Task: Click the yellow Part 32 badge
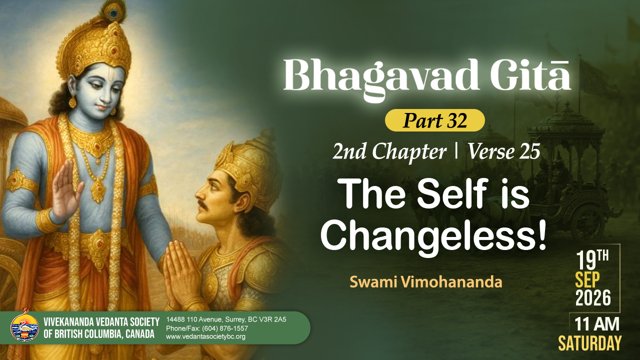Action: tap(435, 120)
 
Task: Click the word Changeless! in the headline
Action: tap(433, 237)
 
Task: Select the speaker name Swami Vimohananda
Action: tap(425, 282)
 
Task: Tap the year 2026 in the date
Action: tap(593, 298)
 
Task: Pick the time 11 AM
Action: tap(597, 324)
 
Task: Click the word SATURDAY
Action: tap(590, 343)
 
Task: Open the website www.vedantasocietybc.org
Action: tap(205, 336)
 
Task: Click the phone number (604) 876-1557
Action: tap(225, 328)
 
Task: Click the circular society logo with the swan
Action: tap(24, 327)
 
